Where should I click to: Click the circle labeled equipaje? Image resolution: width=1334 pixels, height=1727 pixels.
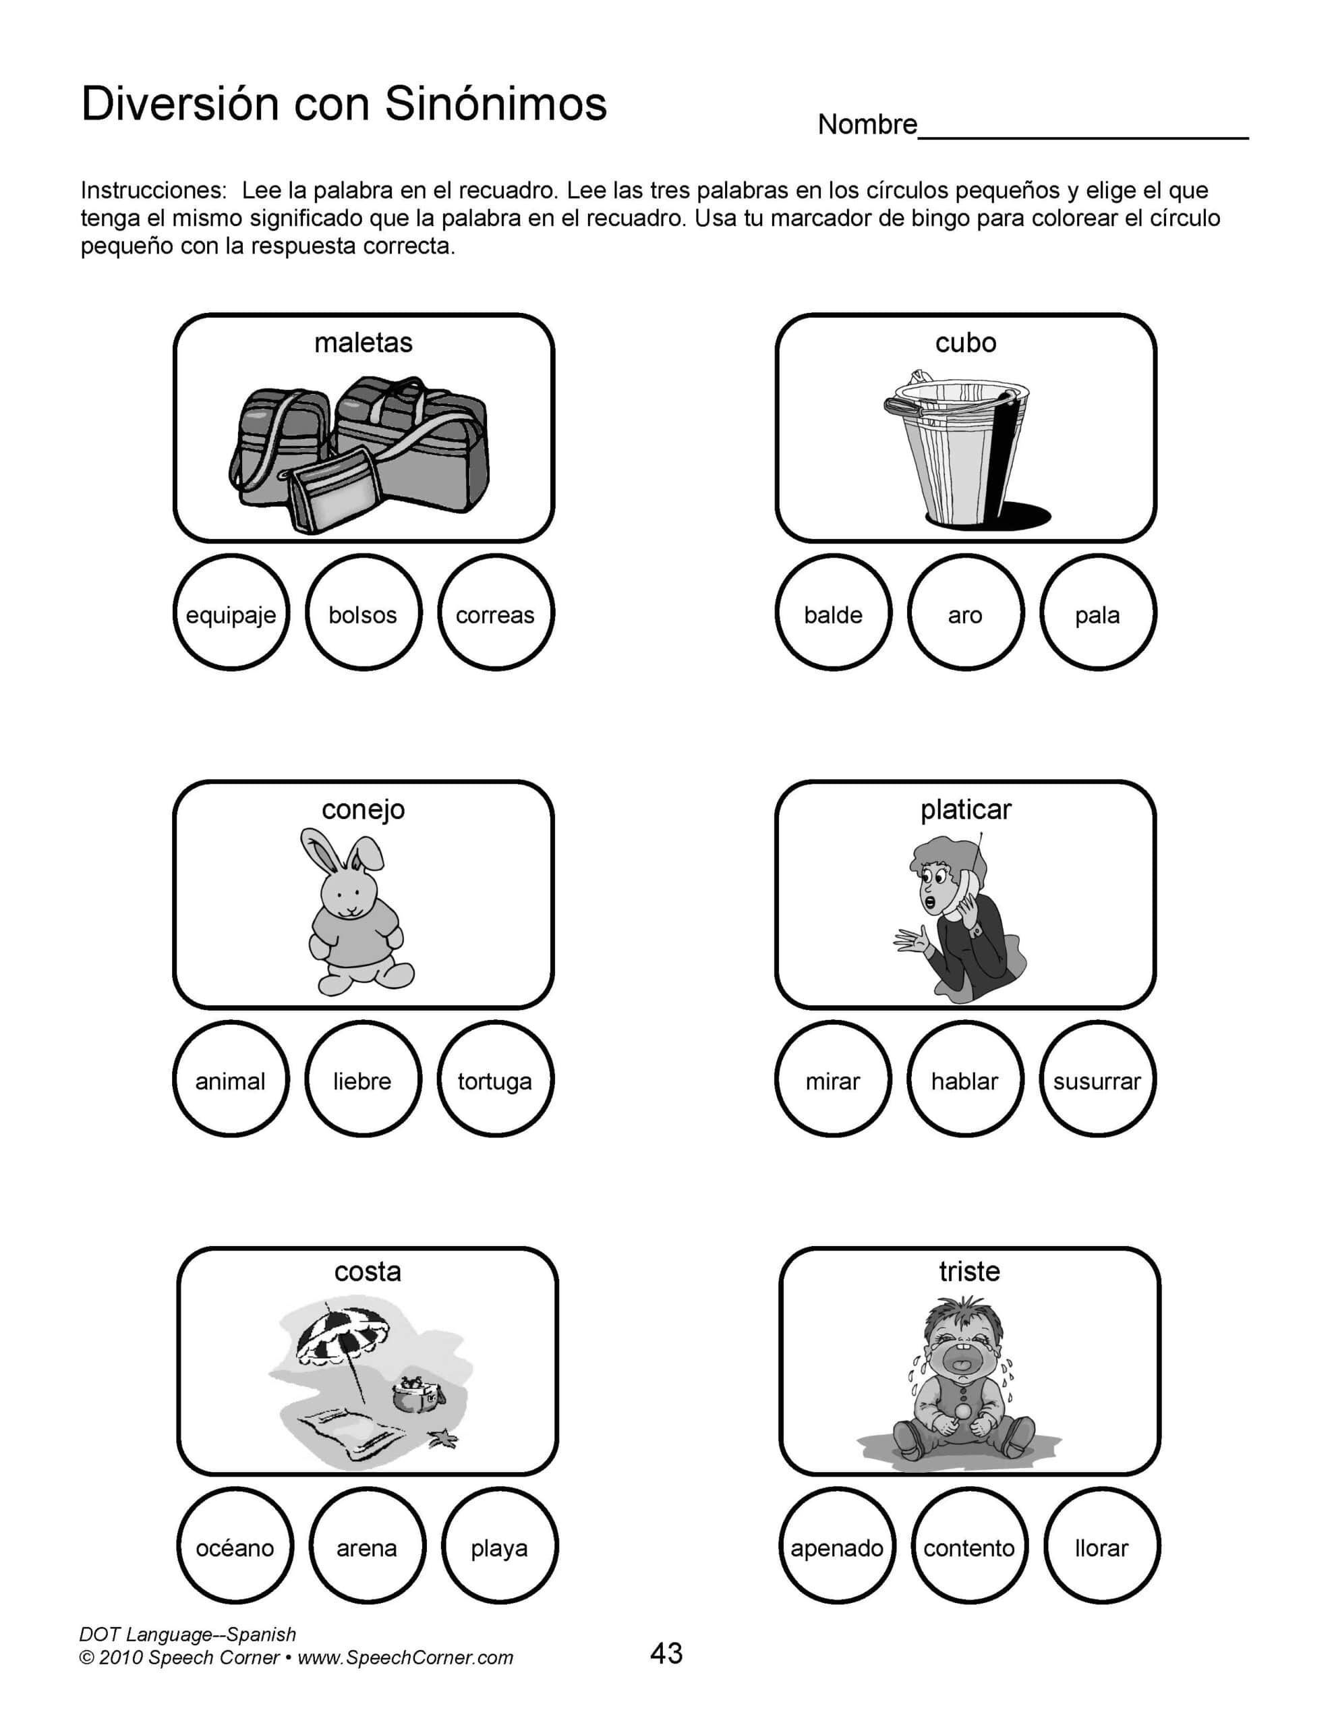pyautogui.click(x=231, y=613)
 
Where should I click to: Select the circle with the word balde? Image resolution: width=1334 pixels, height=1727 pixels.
pyautogui.click(x=833, y=613)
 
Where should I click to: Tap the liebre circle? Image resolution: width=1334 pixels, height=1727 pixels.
pyautogui.click(x=363, y=1079)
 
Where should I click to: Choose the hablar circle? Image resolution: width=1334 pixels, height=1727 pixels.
pyautogui.click(x=964, y=1079)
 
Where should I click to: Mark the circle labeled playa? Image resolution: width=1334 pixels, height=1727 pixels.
pyautogui.click(x=500, y=1546)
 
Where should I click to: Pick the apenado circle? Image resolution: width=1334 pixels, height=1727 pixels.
pyautogui.click(x=837, y=1546)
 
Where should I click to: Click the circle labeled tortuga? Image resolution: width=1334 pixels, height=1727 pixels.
pyautogui.click(x=495, y=1079)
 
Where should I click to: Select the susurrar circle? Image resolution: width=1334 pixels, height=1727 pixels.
pyautogui.click(x=1097, y=1079)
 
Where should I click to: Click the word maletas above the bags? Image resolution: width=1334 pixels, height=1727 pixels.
pyautogui.click(x=363, y=343)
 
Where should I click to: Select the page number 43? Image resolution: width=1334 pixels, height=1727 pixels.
pyautogui.click(x=666, y=1653)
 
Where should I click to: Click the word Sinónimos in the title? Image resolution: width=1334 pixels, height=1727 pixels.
pyautogui.click(x=496, y=105)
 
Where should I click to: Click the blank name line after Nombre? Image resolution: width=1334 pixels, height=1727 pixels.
pyautogui.click(x=1083, y=130)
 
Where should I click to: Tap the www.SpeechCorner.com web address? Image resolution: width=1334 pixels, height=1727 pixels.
pyautogui.click(x=405, y=1658)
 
